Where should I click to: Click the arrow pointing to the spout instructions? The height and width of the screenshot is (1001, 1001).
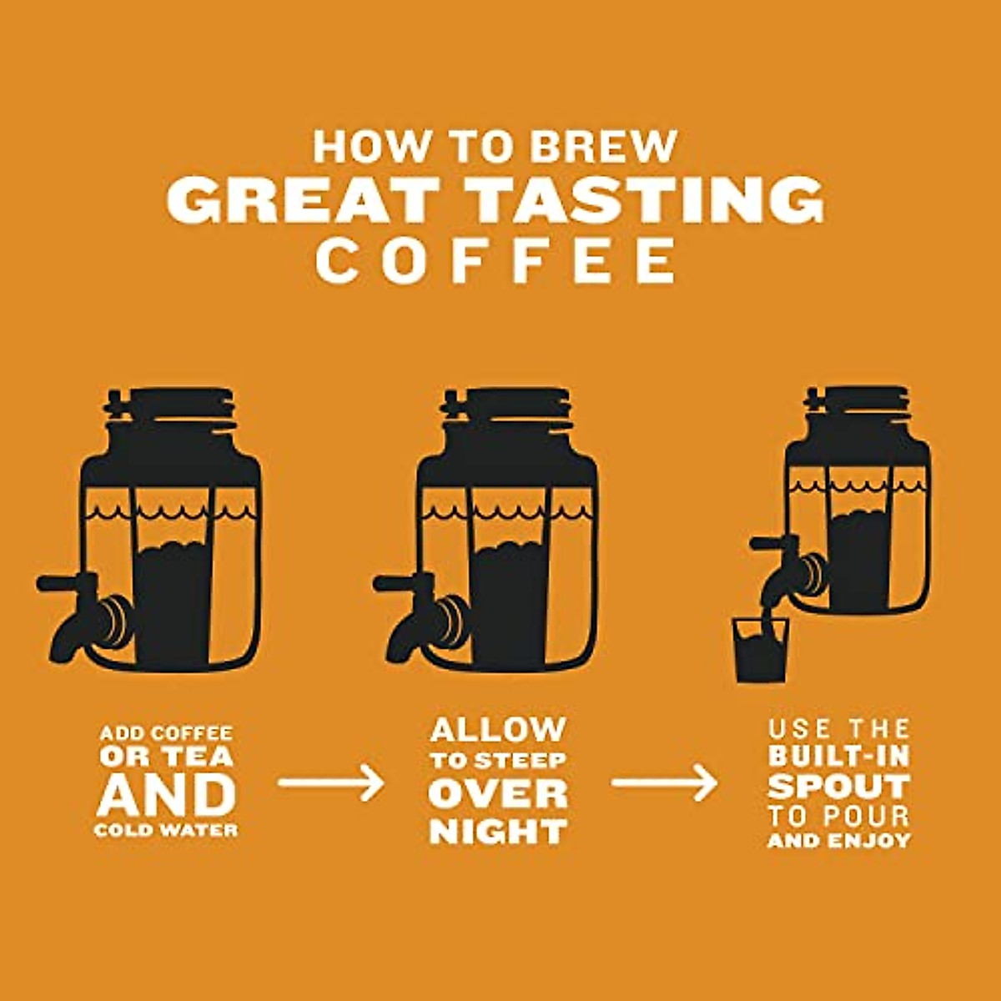[664, 783]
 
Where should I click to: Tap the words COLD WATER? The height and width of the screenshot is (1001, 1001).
[166, 831]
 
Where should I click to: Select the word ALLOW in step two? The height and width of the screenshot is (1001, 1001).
[498, 730]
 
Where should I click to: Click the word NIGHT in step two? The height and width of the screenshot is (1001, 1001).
[498, 832]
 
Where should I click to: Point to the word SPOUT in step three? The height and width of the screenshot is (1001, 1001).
[838, 786]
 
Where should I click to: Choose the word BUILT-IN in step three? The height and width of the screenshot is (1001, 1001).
[838, 757]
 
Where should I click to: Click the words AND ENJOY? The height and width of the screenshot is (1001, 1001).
[838, 841]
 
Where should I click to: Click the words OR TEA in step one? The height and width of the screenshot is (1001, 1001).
[166, 757]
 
